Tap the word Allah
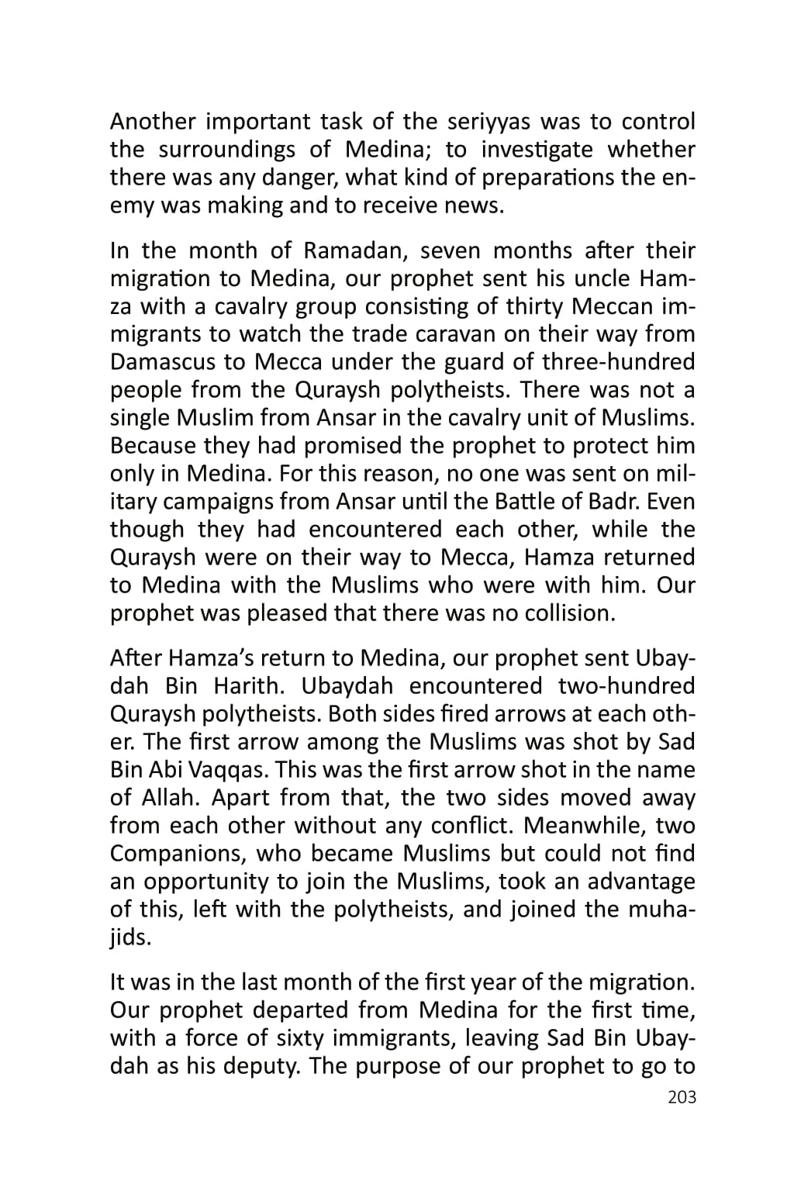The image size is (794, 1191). pos(171,799)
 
